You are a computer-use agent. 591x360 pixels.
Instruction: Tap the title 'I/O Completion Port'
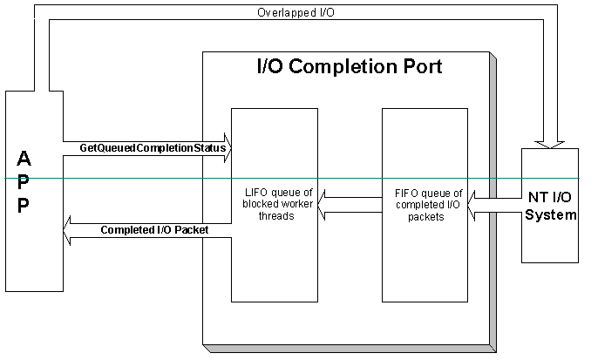click(x=349, y=66)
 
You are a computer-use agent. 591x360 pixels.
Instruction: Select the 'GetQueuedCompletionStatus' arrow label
click(x=153, y=148)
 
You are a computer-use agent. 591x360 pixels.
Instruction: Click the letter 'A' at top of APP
click(x=24, y=160)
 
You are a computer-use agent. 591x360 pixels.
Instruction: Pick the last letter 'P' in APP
click(x=24, y=205)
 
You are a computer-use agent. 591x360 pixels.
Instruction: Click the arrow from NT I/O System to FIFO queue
click(x=493, y=206)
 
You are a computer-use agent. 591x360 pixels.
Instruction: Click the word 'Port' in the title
click(x=418, y=66)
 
